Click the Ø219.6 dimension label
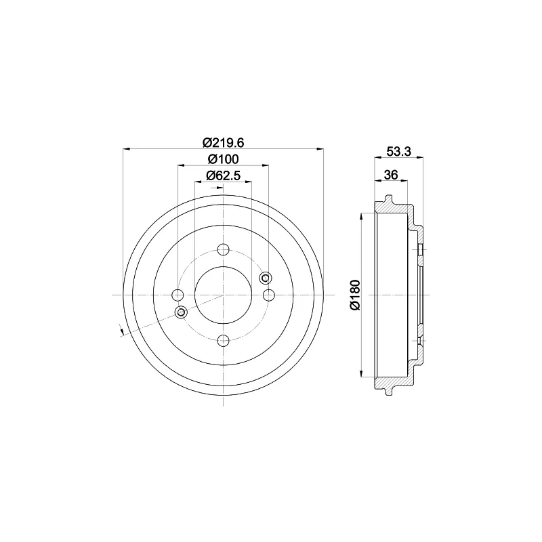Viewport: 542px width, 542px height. tap(224, 142)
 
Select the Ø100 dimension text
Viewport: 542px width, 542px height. tap(224, 159)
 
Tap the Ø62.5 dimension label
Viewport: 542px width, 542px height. tap(224, 175)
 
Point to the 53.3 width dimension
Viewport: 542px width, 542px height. tap(399, 151)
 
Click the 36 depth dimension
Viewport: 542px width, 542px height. tap(391, 175)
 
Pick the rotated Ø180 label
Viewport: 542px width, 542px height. tap(355, 295)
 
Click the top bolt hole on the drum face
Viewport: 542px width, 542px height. tap(224, 249)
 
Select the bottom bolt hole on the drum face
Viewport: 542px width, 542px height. tap(224, 341)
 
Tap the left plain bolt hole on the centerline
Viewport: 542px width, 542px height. tap(178, 295)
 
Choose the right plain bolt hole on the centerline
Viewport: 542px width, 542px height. tap(269, 295)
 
